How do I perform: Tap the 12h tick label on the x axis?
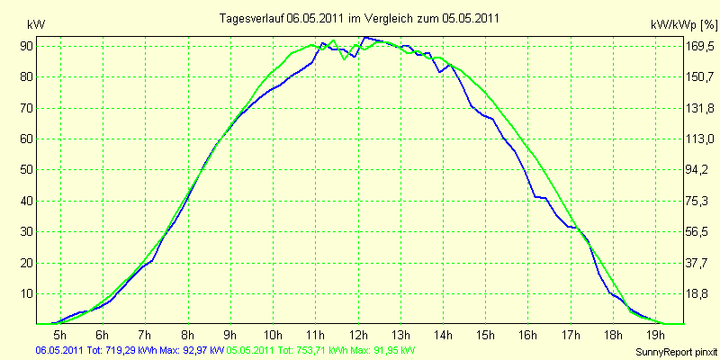(357, 334)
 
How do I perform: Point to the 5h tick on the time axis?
(60, 334)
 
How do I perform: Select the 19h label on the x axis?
(655, 334)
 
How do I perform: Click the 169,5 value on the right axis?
(700, 46)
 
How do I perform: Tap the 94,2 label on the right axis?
(697, 170)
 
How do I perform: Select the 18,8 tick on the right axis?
(697, 294)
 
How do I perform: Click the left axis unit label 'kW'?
(36, 25)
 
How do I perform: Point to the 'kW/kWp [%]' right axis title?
(684, 25)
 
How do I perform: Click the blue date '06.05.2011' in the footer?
(58, 351)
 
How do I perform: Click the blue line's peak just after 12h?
(364, 37)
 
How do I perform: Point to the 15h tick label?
(485, 334)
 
